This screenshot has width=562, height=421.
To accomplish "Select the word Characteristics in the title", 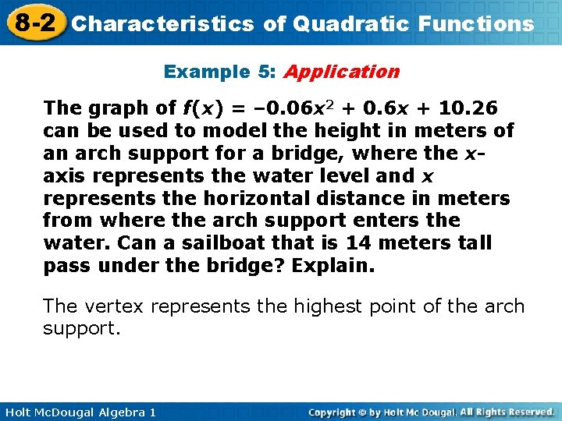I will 163,23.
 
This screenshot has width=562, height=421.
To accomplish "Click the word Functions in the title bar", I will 476,23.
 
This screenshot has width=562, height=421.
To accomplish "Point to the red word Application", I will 341,72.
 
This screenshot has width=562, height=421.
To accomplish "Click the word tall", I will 475,242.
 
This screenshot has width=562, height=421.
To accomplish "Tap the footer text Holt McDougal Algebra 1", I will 79,412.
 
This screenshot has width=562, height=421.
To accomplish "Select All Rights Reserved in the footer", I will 507,412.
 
